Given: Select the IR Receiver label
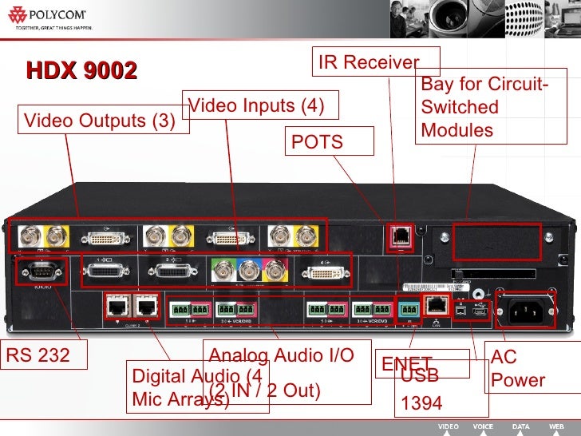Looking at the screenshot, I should point(369,62).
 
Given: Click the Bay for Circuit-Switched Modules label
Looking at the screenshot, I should point(484,107).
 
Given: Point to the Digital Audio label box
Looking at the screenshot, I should point(196,387).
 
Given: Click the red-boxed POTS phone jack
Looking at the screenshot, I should point(398,236).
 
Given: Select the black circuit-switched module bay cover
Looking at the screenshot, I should point(496,240).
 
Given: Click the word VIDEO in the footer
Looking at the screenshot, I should point(448,427).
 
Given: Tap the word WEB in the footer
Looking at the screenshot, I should point(555,427).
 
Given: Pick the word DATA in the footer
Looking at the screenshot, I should point(520,427).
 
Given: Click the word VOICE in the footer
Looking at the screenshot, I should point(483,427).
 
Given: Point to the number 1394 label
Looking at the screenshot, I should point(421,404).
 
